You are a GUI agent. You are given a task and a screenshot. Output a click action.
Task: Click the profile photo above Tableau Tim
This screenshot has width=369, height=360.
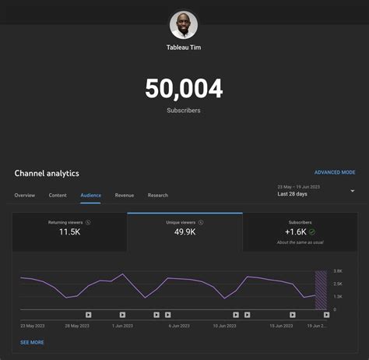click(x=184, y=25)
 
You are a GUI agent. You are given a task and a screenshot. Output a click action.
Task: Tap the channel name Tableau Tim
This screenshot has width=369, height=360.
click(x=184, y=48)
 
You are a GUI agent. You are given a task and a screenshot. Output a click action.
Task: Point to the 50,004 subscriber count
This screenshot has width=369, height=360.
click(x=184, y=89)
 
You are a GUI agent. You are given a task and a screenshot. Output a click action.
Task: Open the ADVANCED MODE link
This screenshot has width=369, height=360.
click(x=335, y=172)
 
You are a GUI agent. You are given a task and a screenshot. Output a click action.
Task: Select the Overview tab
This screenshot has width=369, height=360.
click(x=25, y=195)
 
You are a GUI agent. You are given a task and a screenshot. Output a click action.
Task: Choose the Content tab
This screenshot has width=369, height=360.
click(x=58, y=195)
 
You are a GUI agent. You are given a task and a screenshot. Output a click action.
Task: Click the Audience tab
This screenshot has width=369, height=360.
click(x=90, y=195)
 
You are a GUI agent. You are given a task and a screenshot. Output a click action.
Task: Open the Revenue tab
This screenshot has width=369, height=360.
click(x=125, y=195)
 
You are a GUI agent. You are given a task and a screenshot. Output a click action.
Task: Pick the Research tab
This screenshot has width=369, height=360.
click(x=158, y=195)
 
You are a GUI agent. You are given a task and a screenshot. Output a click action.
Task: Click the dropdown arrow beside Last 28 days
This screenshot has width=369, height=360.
click(x=352, y=191)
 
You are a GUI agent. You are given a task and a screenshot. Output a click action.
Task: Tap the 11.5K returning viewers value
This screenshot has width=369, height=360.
click(x=69, y=232)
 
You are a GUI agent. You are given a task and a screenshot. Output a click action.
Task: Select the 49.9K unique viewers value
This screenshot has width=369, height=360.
click(x=184, y=232)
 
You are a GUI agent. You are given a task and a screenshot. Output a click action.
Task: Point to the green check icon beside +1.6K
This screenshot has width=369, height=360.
click(x=312, y=231)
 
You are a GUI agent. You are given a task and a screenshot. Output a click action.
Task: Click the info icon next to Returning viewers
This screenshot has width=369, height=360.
click(x=88, y=222)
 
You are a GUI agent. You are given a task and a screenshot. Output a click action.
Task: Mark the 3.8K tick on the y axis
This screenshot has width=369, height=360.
click(x=339, y=271)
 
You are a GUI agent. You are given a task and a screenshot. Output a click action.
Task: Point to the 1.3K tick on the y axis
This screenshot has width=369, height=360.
click(x=339, y=296)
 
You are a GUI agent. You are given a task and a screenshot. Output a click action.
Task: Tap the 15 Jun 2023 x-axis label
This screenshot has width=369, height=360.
click(x=282, y=325)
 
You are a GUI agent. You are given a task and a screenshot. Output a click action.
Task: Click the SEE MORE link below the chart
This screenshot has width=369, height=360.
click(x=32, y=342)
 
